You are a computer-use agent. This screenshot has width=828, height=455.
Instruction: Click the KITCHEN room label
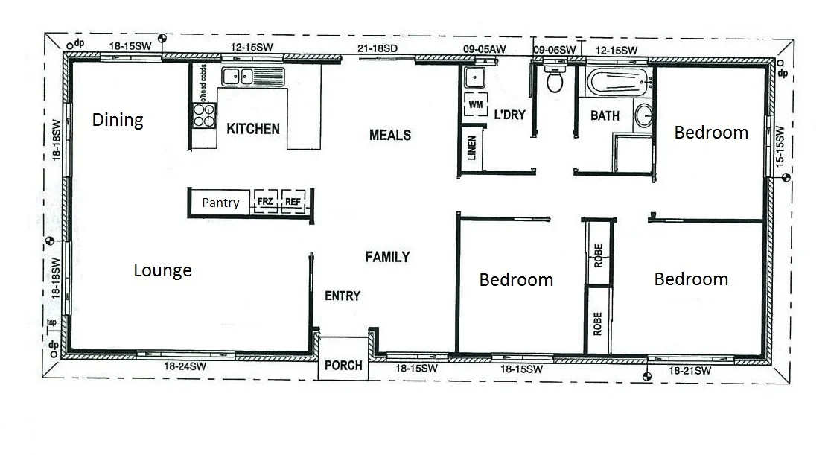[x=253, y=129]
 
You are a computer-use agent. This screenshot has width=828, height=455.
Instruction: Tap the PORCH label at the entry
[x=344, y=365]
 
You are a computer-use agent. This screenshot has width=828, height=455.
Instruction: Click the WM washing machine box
[x=475, y=105]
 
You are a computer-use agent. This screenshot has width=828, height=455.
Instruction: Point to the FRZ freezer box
[x=266, y=202]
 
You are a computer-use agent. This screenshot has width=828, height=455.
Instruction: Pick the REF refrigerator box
[x=293, y=202]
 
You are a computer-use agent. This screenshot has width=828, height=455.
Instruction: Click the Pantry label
[x=221, y=203]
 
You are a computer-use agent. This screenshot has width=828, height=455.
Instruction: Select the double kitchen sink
[x=240, y=76]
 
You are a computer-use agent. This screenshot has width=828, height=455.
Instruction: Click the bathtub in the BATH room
[x=618, y=83]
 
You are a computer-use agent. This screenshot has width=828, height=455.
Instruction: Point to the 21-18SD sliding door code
[x=378, y=48]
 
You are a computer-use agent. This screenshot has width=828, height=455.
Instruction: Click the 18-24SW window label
[x=185, y=366]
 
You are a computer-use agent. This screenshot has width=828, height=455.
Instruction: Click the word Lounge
[x=162, y=270]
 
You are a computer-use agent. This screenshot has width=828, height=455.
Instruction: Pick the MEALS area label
[x=390, y=135]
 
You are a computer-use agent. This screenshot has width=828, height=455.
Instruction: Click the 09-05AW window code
[x=484, y=49]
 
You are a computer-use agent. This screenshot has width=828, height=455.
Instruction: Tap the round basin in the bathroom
[x=644, y=115]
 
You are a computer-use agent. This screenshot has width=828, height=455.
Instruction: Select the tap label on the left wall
[x=51, y=322]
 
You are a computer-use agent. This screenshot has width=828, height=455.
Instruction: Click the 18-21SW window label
[x=689, y=370]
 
